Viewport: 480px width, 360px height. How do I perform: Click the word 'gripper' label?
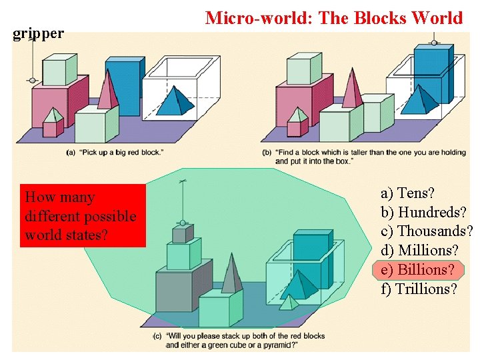39,33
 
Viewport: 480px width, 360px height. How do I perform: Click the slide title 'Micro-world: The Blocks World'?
333,17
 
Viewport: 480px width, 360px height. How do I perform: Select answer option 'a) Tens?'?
407,193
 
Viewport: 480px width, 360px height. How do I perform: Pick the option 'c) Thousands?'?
427,231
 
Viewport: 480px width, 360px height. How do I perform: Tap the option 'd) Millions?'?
419,251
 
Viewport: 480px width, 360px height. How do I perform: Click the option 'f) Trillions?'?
419,289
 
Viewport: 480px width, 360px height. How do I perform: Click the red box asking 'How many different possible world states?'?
83,216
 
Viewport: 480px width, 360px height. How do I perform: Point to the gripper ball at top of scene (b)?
435,43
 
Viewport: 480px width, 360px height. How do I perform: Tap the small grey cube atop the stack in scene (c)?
179,233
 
